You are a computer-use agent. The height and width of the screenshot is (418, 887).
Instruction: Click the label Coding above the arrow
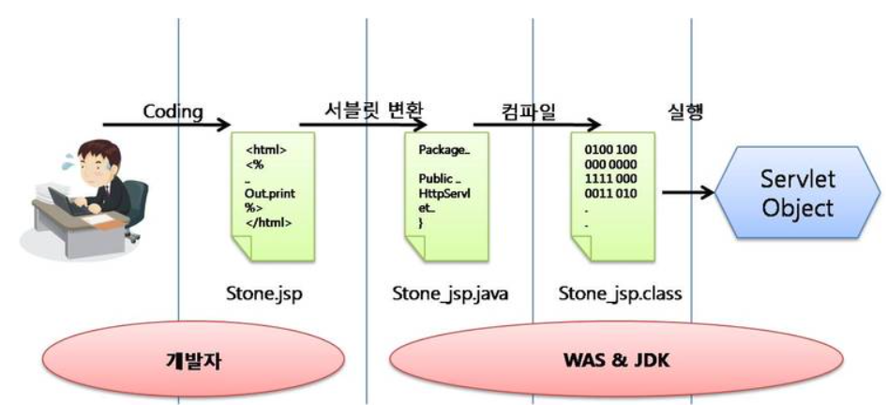(173, 112)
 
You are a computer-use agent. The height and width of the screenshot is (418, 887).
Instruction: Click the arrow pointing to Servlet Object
(689, 195)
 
